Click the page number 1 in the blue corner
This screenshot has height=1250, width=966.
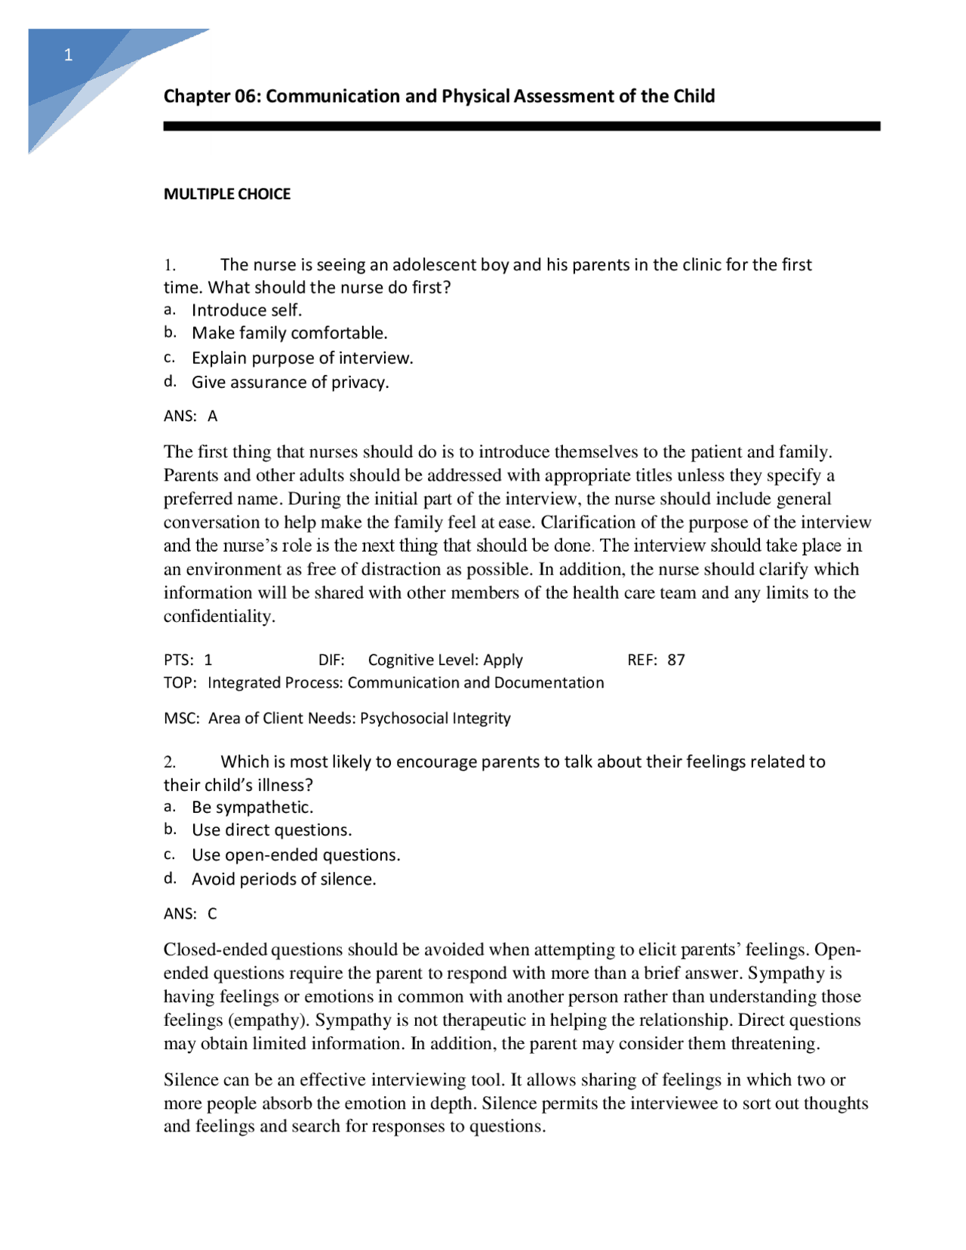coord(69,55)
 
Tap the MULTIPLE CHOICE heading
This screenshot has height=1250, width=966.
coord(226,194)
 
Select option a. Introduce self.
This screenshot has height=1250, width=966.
coord(246,310)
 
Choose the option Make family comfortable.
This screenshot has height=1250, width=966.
coord(289,333)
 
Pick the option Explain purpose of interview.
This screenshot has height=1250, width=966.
coord(302,358)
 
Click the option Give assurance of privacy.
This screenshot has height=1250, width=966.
coord(290,382)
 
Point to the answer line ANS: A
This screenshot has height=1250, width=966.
coord(190,416)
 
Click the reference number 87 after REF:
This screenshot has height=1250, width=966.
coord(675,660)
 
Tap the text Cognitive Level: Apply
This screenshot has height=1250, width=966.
coord(445,660)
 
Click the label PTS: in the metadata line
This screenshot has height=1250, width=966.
coord(178,660)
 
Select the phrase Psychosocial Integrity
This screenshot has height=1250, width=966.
coord(435,718)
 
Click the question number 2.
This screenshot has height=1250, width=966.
coord(170,762)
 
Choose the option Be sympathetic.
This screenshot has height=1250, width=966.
coord(252,807)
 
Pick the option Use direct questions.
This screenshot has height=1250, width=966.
coord(272,830)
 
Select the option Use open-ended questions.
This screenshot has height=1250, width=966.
coord(296,855)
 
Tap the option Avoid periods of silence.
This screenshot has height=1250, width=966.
coord(284,879)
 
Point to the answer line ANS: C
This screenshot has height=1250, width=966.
coord(190,913)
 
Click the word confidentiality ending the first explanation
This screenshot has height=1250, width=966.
coord(218,617)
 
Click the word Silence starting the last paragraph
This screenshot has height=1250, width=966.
coord(191,1080)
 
